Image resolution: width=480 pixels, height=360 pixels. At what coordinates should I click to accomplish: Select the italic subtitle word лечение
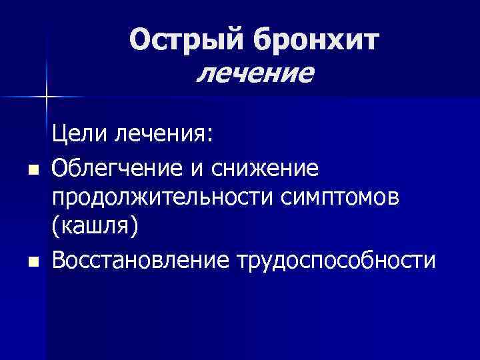point(254,73)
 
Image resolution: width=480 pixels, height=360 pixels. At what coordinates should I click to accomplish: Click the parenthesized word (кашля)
point(97,227)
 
